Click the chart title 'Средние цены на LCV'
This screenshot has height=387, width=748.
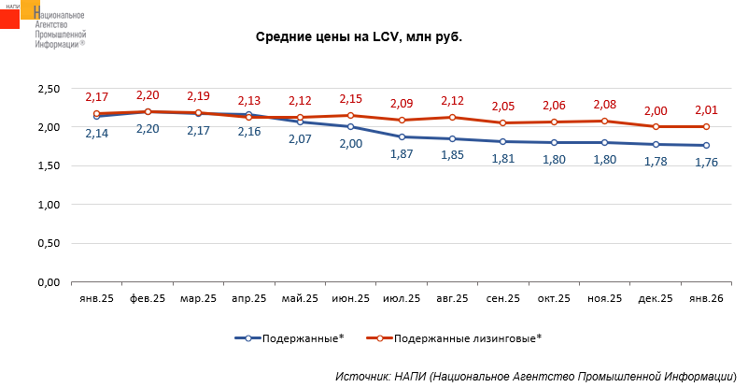pyautogui.click(x=360, y=37)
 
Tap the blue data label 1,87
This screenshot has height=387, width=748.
pyautogui.click(x=402, y=153)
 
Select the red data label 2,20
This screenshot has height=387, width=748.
pyautogui.click(x=148, y=95)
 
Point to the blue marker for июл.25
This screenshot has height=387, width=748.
pyautogui.click(x=402, y=136)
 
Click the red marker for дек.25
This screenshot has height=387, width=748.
pyautogui.click(x=656, y=126)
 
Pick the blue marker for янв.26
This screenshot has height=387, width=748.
pyautogui.click(x=706, y=145)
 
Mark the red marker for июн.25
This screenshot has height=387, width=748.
pyautogui.click(x=351, y=115)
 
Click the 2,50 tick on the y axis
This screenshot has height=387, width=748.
pyautogui.click(x=47, y=89)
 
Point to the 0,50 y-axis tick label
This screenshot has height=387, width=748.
pyautogui.click(x=47, y=243)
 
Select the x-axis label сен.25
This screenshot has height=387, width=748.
pyautogui.click(x=503, y=298)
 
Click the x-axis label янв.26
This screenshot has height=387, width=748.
pyautogui.click(x=706, y=298)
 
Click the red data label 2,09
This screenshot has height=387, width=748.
pyautogui.click(x=402, y=103)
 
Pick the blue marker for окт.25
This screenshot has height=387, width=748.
pyautogui.click(x=554, y=142)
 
